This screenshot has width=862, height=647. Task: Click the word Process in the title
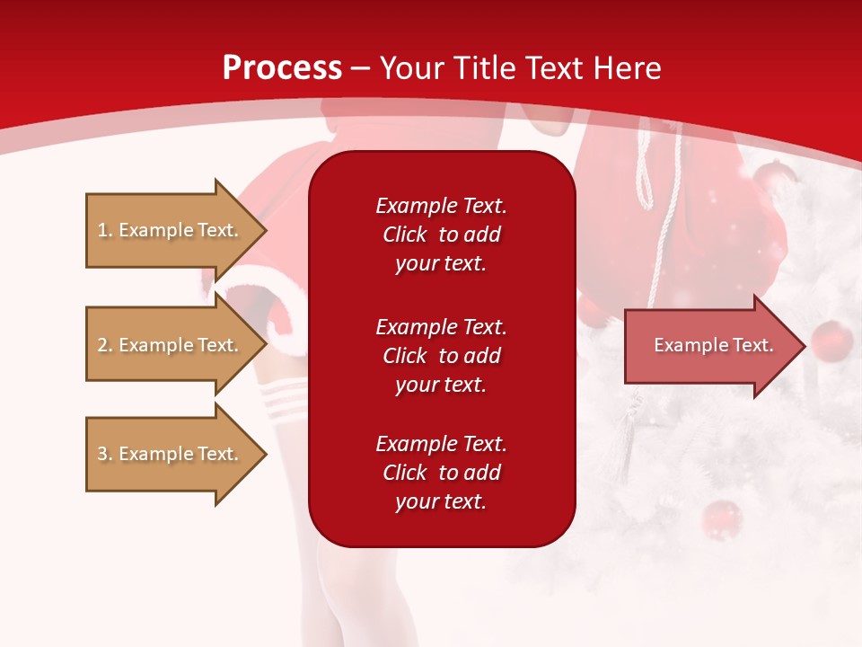click(282, 68)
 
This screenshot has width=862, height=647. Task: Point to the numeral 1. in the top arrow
click(105, 230)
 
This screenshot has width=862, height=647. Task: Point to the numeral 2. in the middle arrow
click(105, 345)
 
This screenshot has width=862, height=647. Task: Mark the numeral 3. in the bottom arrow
click(105, 454)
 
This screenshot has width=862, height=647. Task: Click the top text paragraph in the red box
click(441, 235)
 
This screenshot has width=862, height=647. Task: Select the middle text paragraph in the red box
click(441, 356)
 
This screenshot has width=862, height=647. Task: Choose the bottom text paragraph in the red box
click(441, 473)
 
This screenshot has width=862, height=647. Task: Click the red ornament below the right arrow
click(720, 519)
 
